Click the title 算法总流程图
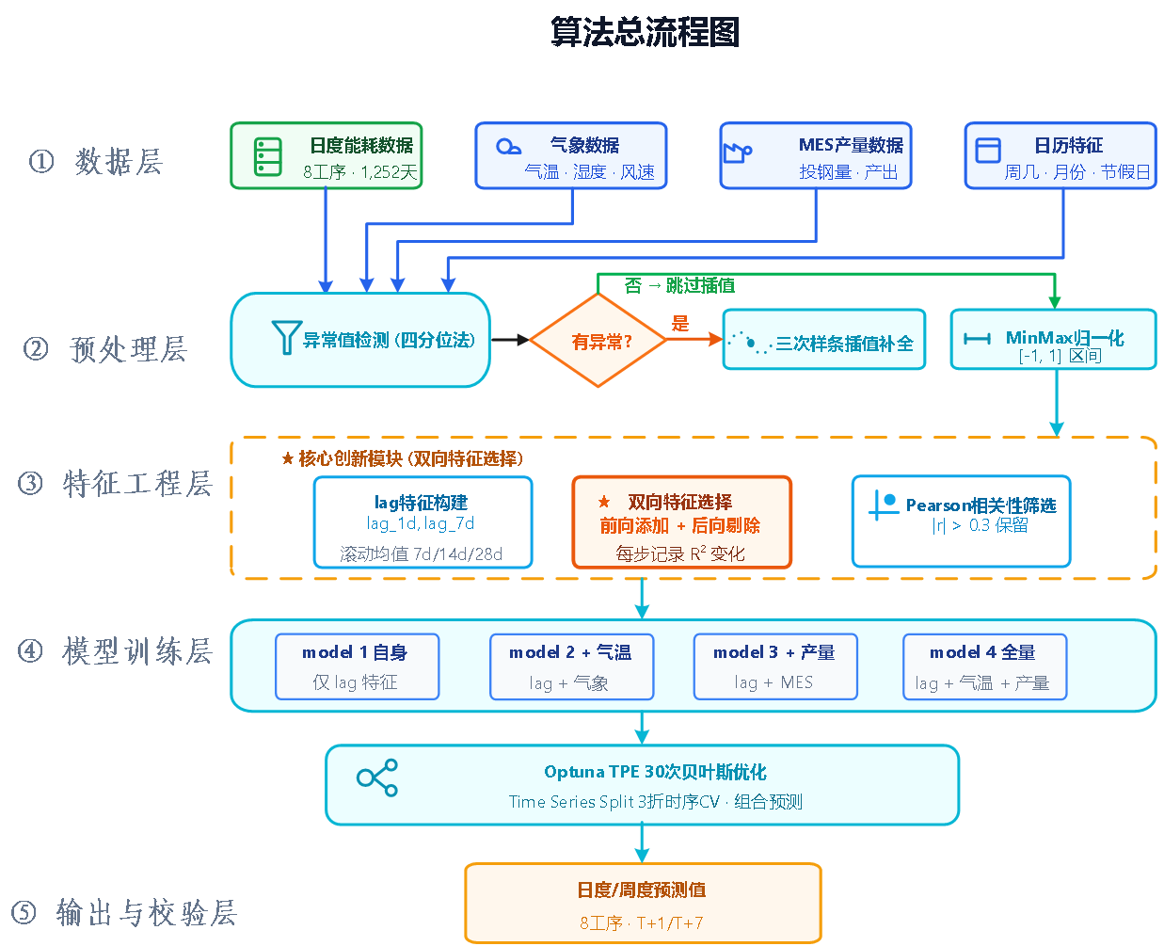pyautogui.click(x=645, y=32)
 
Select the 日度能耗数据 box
pyautogui.click(x=327, y=155)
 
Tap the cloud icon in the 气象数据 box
pyautogui.click(x=508, y=147)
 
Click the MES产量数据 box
pyautogui.click(x=815, y=155)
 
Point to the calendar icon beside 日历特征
pyautogui.click(x=988, y=150)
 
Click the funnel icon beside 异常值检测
pyautogui.click(x=286, y=337)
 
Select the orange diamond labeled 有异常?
pyautogui.click(x=598, y=340)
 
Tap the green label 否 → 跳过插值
pyautogui.click(x=679, y=285)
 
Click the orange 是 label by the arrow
pyautogui.click(x=679, y=323)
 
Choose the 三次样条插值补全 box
pyautogui.click(x=823, y=340)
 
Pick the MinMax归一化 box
pyautogui.click(x=1053, y=340)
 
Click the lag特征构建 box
pyautogui.click(x=423, y=521)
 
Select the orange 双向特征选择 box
pyautogui.click(x=681, y=521)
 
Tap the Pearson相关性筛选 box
pyautogui.click(x=962, y=521)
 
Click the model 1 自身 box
pyautogui.click(x=358, y=666)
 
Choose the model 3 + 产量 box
pyautogui.click(x=775, y=666)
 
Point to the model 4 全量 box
pyautogui.click(x=985, y=666)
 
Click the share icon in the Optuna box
pyautogui.click(x=377, y=778)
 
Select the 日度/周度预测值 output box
pyautogui.click(x=643, y=903)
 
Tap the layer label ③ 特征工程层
pyautogui.click(x=115, y=484)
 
